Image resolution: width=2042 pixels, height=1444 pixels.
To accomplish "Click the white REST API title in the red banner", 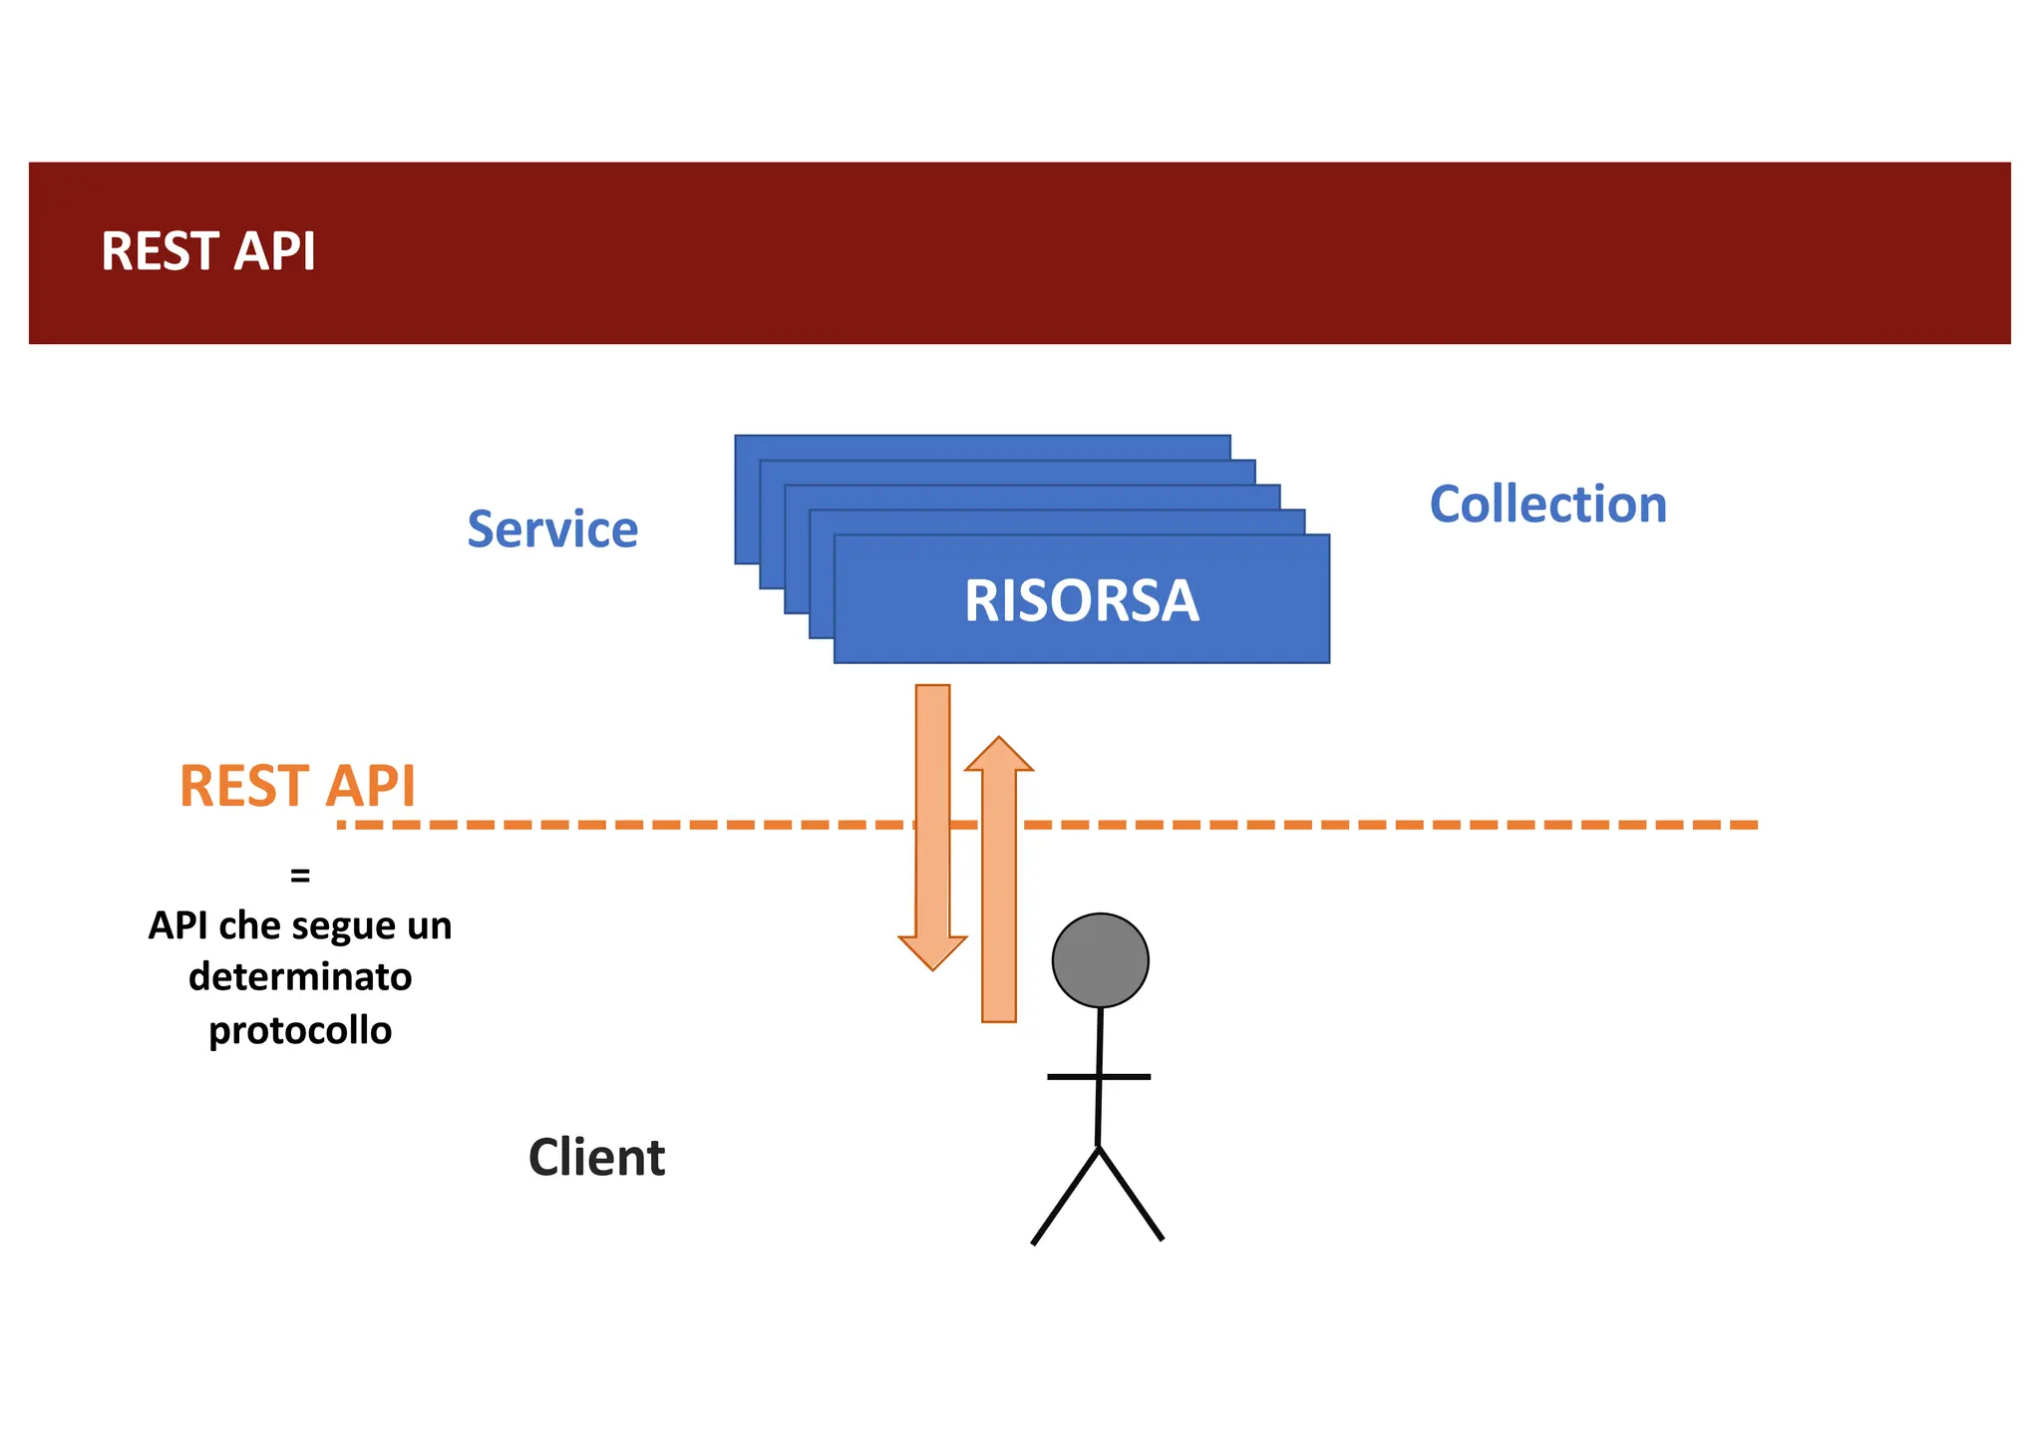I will (207, 251).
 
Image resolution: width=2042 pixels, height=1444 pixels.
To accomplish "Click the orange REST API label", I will (297, 786).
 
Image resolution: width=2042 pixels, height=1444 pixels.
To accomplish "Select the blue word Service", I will (552, 530).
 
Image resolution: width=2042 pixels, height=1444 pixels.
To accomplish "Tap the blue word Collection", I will (1547, 505).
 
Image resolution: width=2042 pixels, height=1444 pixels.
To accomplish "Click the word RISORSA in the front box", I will (1081, 601).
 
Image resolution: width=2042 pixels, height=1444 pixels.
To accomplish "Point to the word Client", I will (596, 1158).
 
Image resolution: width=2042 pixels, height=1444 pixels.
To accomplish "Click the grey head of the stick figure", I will (1100, 960).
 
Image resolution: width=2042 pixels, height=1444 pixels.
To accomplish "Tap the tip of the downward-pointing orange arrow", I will (932, 967).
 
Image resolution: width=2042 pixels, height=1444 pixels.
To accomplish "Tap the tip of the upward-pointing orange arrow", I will (999, 740).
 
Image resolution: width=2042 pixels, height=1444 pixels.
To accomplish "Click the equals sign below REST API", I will (300, 876).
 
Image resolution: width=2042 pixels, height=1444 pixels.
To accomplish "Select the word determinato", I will (300, 976).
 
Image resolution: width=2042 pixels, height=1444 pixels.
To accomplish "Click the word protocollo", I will (300, 1030).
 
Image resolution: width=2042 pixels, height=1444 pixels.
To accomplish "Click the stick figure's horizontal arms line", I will (1099, 1077).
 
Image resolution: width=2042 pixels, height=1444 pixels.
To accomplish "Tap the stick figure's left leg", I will (1065, 1196).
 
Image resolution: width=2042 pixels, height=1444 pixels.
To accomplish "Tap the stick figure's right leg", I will (1131, 1194).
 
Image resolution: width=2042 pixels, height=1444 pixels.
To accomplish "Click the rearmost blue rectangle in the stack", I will (982, 447).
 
